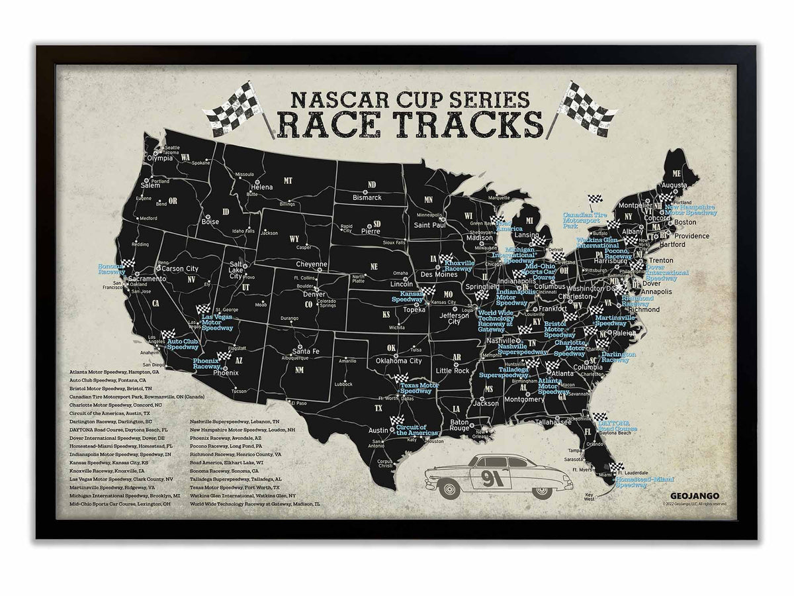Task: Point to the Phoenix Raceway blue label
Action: tap(206, 363)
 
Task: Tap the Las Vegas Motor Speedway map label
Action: tap(216, 321)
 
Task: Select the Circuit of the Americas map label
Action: tap(412, 430)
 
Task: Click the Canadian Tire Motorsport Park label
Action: tap(585, 220)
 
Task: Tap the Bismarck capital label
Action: tap(366, 197)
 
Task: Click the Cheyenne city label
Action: tap(312, 264)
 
